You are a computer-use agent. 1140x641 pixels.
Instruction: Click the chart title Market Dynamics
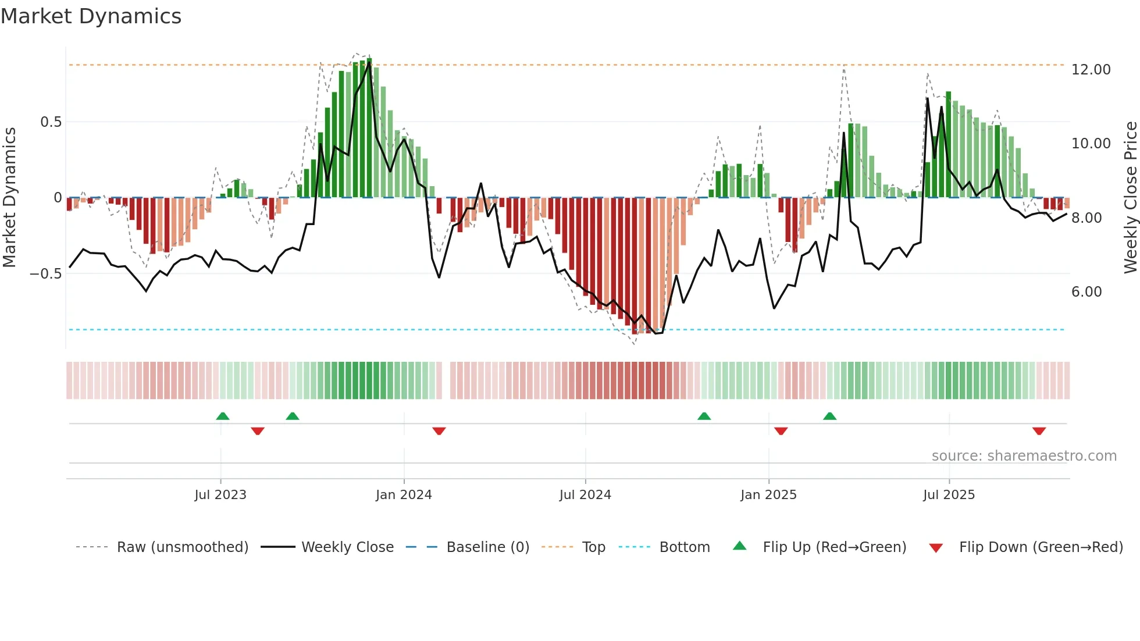pyautogui.click(x=91, y=16)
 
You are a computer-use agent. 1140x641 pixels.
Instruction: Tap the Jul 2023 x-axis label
pyautogui.click(x=220, y=495)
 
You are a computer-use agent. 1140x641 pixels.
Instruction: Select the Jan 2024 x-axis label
pyautogui.click(x=404, y=495)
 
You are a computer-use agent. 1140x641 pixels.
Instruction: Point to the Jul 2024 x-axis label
pyautogui.click(x=585, y=495)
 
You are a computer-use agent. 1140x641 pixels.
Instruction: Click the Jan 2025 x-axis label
pyautogui.click(x=768, y=495)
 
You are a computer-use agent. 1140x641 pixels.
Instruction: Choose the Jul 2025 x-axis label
pyautogui.click(x=949, y=495)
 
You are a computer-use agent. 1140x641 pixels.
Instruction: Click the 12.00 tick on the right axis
pyautogui.click(x=1091, y=70)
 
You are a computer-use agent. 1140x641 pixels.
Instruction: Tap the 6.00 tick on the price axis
pyautogui.click(x=1086, y=292)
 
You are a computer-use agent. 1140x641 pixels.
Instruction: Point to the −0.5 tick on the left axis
pyautogui.click(x=45, y=274)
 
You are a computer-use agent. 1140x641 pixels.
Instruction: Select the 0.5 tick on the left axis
pyautogui.click(x=51, y=122)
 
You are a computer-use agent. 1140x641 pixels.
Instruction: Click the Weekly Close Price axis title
pyautogui.click(x=1130, y=197)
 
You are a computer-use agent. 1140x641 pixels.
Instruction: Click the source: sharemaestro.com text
pyautogui.click(x=1024, y=456)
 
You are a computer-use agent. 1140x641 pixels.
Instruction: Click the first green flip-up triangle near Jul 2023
pyautogui.click(x=223, y=416)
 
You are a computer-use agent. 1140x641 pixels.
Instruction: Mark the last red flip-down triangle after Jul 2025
pyautogui.click(x=1039, y=431)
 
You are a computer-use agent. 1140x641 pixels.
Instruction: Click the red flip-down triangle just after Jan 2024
pyautogui.click(x=439, y=431)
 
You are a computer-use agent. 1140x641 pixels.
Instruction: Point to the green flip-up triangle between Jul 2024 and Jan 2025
pyautogui.click(x=704, y=416)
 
